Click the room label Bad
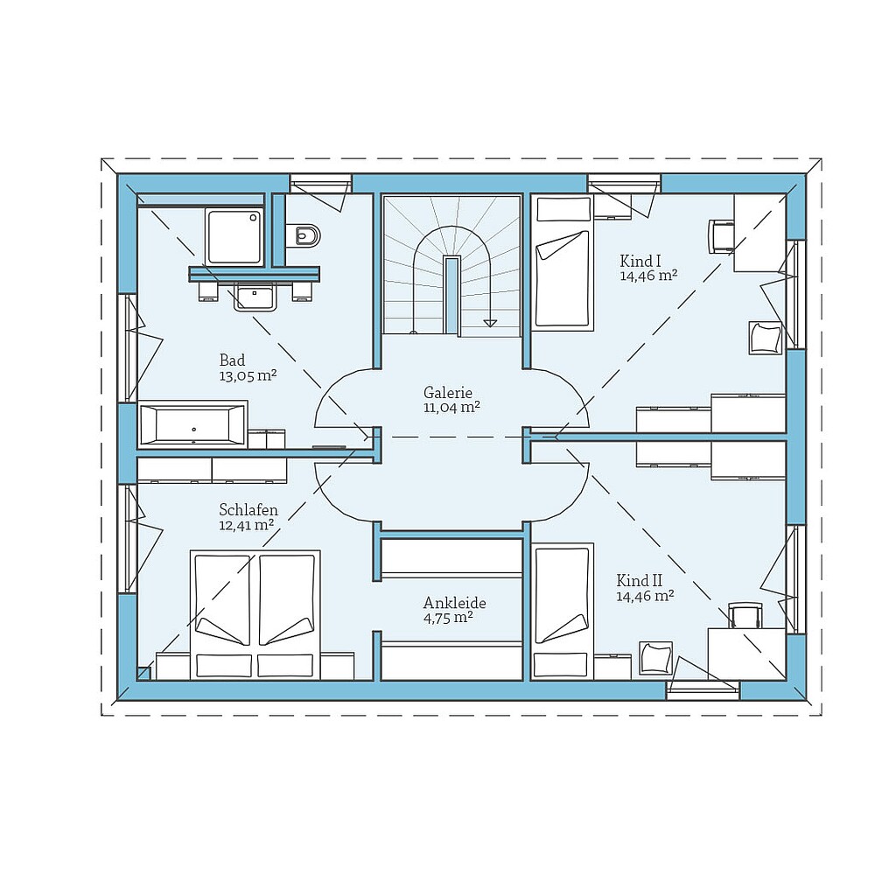pos(232,360)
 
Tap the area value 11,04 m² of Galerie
pos(451,408)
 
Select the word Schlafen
pos(248,510)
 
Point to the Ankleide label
pos(454,603)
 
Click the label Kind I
pos(640,261)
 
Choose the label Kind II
pos(639,581)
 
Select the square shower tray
pos(234,235)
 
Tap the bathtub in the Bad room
pos(193,426)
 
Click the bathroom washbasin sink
pos(255,297)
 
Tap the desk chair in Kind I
pos(721,235)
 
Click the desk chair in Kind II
pos(745,616)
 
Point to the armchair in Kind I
pos(765,338)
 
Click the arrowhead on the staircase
pos(491,322)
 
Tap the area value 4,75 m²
pos(448,618)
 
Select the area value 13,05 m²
pos(248,376)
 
